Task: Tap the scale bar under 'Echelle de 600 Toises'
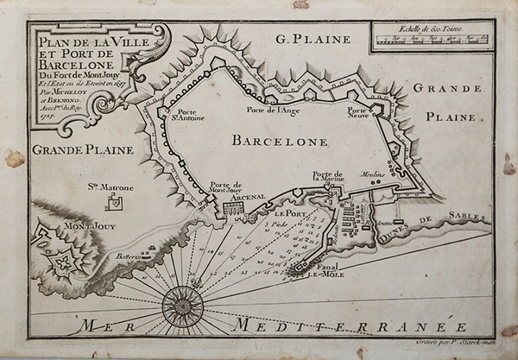431,40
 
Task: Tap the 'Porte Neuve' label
357,114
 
